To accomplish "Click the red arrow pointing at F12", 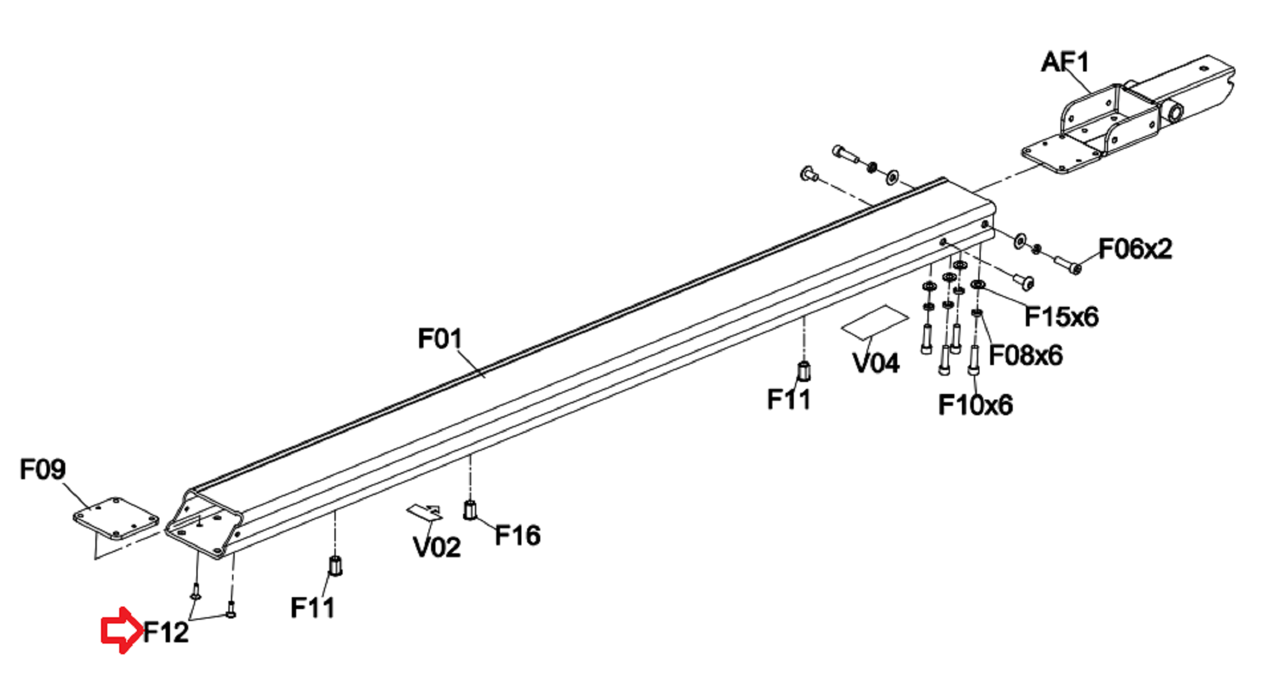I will coord(121,630).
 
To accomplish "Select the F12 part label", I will coord(166,632).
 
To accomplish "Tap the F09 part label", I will coord(43,469).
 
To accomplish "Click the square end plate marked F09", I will coord(116,519).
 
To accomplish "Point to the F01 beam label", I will coord(440,339).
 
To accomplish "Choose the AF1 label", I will coord(1065,62).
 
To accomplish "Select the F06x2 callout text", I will coord(1134,249).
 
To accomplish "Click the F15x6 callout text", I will coord(1061,317).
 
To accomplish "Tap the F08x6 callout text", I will coord(1025,356).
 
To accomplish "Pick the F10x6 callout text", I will coord(975,405).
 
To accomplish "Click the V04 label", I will coord(876,363).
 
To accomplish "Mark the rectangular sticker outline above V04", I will coord(874,321).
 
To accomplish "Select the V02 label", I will coord(437,548).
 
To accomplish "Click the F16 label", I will coord(518,536).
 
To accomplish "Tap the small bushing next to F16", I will coord(469,510).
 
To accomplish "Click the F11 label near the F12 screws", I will coord(312,608).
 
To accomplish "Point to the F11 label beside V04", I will coord(789,400).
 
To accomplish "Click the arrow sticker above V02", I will coord(425,512).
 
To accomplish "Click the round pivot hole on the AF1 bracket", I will coord(1175,113).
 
